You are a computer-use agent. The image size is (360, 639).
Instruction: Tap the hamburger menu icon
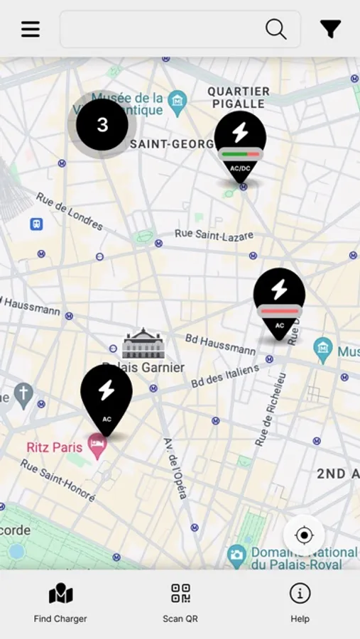[x=31, y=29]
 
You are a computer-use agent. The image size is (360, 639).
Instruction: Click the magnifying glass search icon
[x=276, y=29]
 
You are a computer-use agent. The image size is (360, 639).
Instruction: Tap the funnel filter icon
[x=330, y=29]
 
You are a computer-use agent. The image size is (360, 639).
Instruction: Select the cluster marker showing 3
[x=102, y=125]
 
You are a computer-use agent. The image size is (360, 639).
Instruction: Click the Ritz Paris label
[x=55, y=447]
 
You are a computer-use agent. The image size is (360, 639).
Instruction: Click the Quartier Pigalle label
[x=239, y=98]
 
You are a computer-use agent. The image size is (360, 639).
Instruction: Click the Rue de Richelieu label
[x=271, y=410]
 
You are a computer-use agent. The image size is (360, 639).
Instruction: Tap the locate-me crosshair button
[x=304, y=535]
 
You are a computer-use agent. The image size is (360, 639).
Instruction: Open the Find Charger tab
[x=60, y=603]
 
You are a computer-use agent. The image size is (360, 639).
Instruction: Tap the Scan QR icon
[x=180, y=594]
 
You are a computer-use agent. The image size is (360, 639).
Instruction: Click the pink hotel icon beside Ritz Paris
[x=97, y=445]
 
